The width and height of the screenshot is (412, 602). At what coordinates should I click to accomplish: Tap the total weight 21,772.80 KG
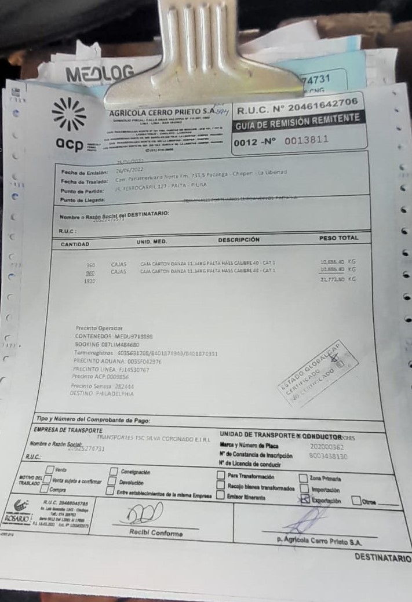tap(338, 279)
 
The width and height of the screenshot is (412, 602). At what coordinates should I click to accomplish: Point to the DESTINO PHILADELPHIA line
tap(101, 394)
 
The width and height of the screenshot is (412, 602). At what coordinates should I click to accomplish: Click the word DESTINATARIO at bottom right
tap(382, 558)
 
